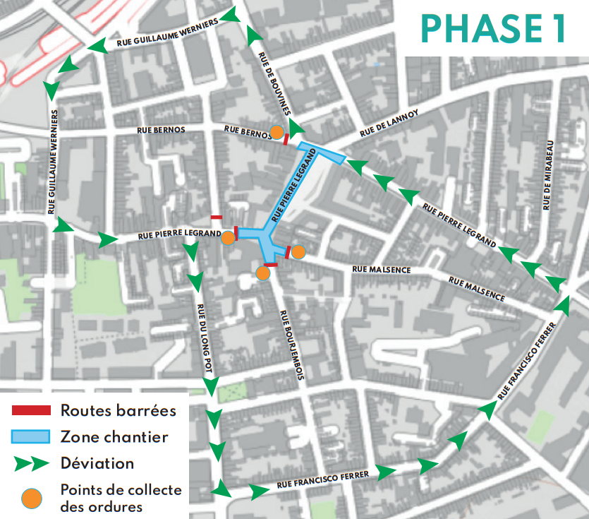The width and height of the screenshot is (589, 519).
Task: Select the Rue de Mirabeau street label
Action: pyautogui.click(x=549, y=175)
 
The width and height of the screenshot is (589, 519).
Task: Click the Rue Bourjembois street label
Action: pyautogui.click(x=291, y=346)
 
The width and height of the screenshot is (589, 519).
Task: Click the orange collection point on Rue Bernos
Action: pyautogui.click(x=278, y=132)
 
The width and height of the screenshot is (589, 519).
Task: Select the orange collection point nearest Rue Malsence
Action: pyautogui.click(x=298, y=251)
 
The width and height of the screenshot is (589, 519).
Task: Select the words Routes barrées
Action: pyautogui.click(x=118, y=410)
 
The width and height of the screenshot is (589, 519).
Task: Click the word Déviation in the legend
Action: pyautogui.click(x=97, y=464)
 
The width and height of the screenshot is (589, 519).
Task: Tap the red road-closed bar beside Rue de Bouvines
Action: pyautogui.click(x=286, y=140)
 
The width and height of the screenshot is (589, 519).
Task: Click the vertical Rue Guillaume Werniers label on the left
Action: pyautogui.click(x=53, y=162)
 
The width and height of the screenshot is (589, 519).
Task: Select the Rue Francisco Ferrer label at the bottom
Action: pyautogui.click(x=323, y=480)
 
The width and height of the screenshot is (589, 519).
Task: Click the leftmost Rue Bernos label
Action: pyautogui.click(x=162, y=131)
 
